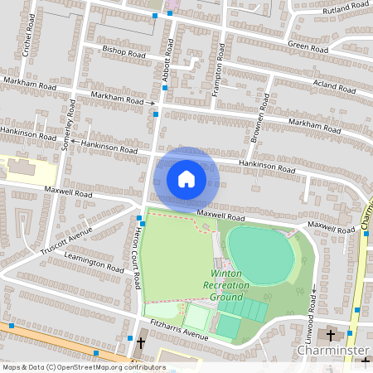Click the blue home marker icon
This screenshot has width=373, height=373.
(x=186, y=178)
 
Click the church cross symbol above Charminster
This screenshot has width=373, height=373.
(x=331, y=336)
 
